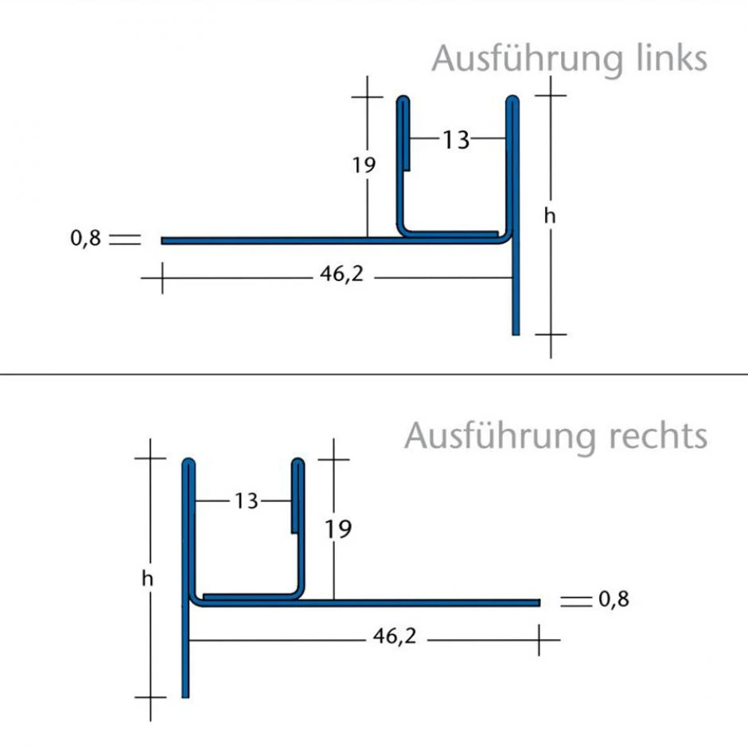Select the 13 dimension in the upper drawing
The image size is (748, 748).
(456, 140)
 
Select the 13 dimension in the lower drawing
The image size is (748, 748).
(247, 501)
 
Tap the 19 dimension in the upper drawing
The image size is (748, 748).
(364, 165)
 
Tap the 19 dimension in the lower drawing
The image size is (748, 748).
(338, 528)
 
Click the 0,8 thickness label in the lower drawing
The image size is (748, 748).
(614, 599)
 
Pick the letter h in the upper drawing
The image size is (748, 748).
(549, 215)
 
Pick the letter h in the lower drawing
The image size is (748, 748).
(147, 579)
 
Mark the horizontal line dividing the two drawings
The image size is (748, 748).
(374, 374)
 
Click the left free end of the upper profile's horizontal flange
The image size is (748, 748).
(164, 240)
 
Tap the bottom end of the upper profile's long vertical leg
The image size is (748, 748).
(516, 332)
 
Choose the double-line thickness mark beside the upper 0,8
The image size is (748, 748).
(125, 239)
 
